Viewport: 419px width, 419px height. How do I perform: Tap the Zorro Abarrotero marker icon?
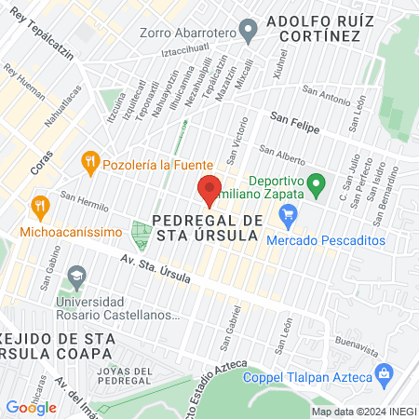click(x=248, y=30)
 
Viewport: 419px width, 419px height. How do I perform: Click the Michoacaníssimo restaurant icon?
click(x=39, y=205)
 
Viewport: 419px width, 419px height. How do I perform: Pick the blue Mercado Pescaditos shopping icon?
click(x=288, y=218)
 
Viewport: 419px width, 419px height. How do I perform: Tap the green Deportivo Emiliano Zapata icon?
click(x=316, y=184)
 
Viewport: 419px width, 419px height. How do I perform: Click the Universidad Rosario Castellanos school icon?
click(x=76, y=277)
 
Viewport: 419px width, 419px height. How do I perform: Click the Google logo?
click(x=31, y=407)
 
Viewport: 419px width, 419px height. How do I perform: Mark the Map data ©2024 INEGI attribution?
click(x=363, y=411)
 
